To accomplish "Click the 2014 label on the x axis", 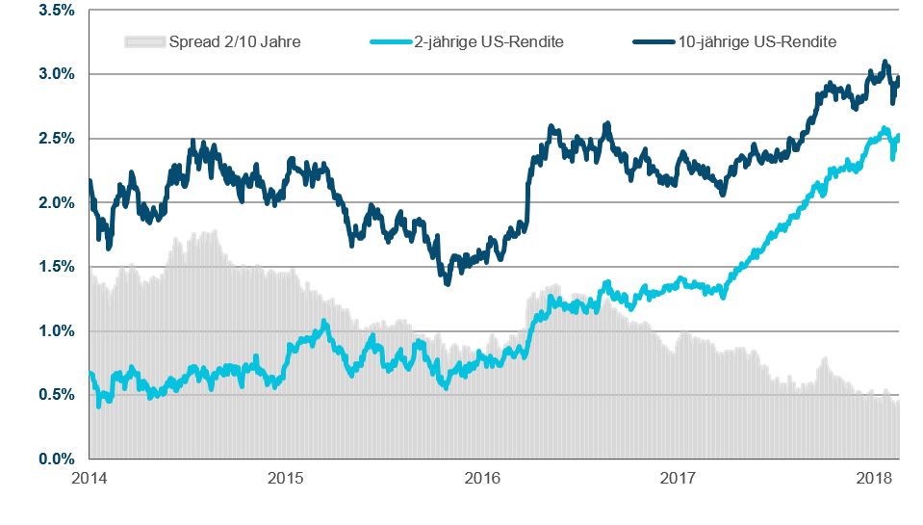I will (90, 478).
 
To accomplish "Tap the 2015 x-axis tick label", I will (286, 478).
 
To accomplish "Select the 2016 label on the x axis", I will (482, 478).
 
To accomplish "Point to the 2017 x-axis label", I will (679, 478).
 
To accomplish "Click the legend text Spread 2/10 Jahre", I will (234, 41).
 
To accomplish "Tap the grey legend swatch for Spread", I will (144, 41).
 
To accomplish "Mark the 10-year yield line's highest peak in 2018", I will (885, 62).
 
